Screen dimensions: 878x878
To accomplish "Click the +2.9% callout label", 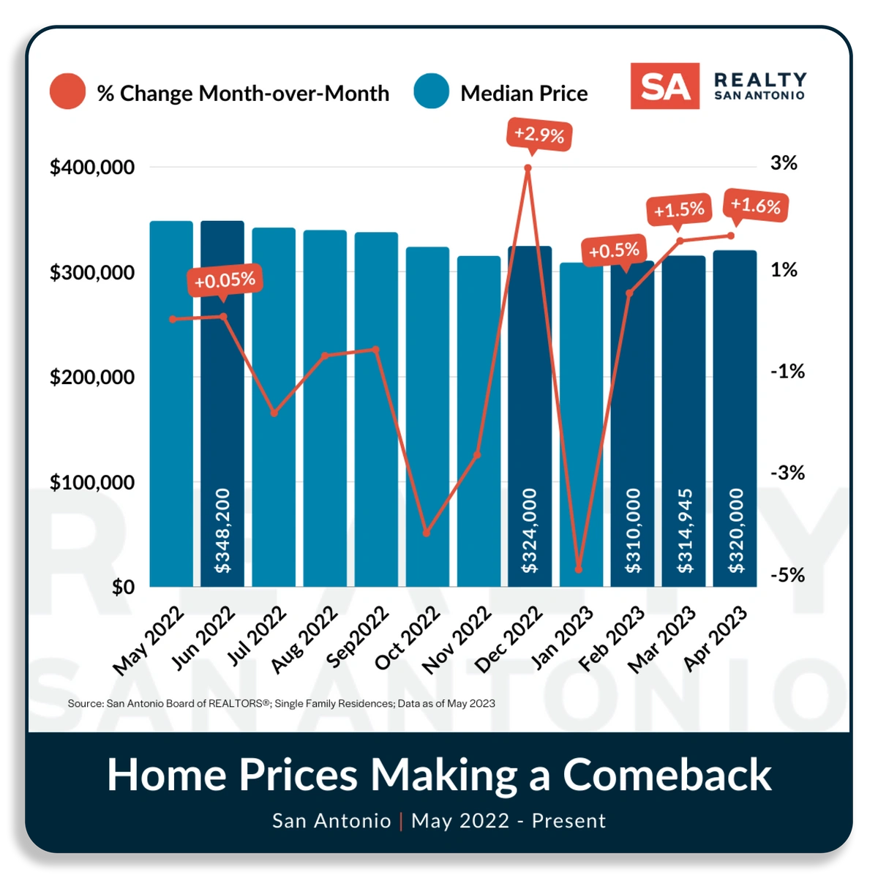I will pyautogui.click(x=539, y=135).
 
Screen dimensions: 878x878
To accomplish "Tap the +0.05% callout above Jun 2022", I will pyautogui.click(x=225, y=280).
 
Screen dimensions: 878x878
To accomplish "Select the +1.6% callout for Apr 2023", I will pyautogui.click(x=756, y=206).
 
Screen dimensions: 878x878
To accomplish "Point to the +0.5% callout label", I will pyautogui.click(x=614, y=251).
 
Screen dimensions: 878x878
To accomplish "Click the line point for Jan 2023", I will pyautogui.click(x=579, y=569).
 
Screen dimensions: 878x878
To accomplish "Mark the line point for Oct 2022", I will pyautogui.click(x=427, y=533).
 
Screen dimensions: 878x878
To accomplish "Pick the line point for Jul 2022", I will pyautogui.click(x=274, y=413).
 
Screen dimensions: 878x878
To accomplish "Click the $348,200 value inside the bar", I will pyautogui.click(x=222, y=530).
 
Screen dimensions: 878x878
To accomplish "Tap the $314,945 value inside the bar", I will pyautogui.click(x=685, y=530).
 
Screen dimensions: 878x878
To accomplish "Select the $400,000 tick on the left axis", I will pyautogui.click(x=92, y=168).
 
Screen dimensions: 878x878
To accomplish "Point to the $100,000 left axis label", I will pyautogui.click(x=92, y=483).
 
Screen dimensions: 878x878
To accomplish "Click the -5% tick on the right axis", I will pyautogui.click(x=787, y=575).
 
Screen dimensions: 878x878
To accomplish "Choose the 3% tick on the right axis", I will pyautogui.click(x=784, y=163).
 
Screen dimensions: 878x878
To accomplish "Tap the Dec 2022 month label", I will pyautogui.click(x=509, y=639).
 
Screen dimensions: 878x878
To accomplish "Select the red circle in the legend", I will pyautogui.click(x=68, y=91).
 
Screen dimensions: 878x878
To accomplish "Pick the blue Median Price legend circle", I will pyautogui.click(x=431, y=91).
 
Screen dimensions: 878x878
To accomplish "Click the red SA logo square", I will pyautogui.click(x=665, y=86).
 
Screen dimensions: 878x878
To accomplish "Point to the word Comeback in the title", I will pyautogui.click(x=667, y=774).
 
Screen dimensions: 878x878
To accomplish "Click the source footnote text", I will pyautogui.click(x=282, y=703).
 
